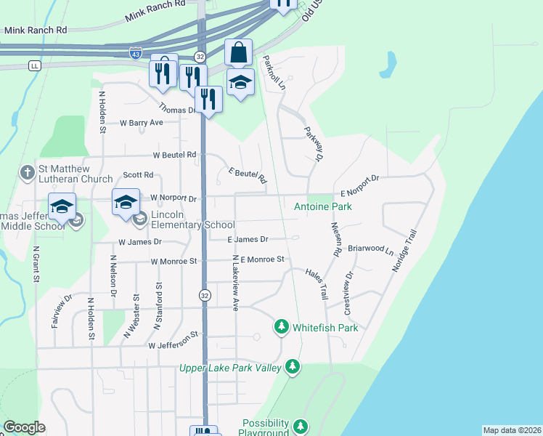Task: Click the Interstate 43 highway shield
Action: click(x=136, y=53)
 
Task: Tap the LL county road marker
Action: click(x=34, y=65)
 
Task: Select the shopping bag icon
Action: click(x=238, y=53)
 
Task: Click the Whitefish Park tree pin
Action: click(x=281, y=327)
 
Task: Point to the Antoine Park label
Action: click(x=322, y=207)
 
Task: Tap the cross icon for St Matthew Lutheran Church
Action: click(x=27, y=174)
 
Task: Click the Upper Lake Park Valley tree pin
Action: click(x=293, y=367)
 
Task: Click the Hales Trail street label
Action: click(x=317, y=283)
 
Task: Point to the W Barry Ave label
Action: click(x=142, y=123)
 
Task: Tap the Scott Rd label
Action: click(x=138, y=175)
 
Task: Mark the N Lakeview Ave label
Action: click(x=235, y=283)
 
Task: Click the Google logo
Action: click(x=24, y=427)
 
